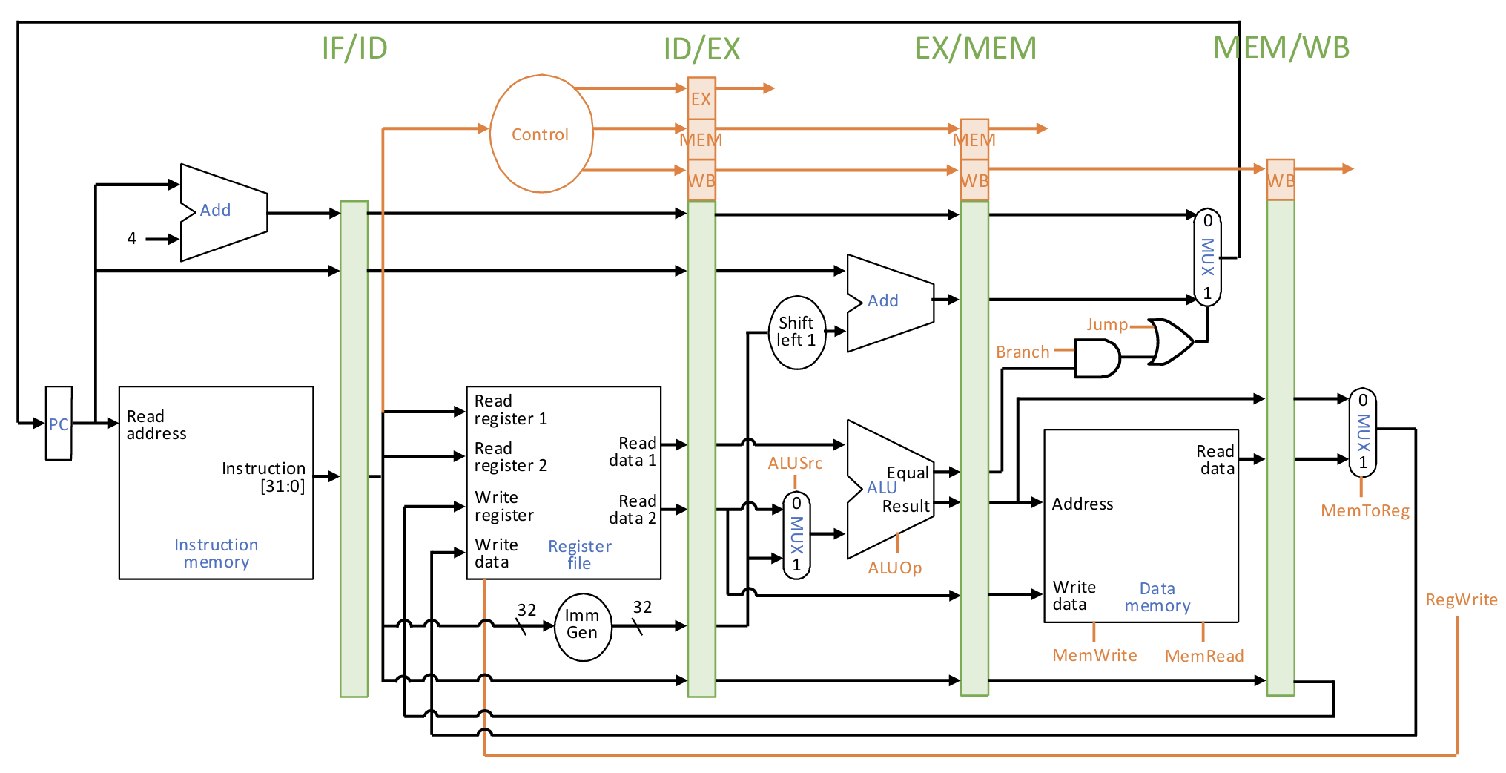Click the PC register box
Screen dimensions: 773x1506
click(x=59, y=423)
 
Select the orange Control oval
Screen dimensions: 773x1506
click(x=541, y=134)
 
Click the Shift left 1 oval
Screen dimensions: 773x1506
click(x=797, y=332)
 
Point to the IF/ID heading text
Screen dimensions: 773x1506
click(x=354, y=48)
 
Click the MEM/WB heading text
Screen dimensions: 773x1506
click(x=1281, y=47)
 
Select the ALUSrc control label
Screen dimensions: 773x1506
click(x=795, y=464)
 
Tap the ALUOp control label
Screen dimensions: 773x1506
click(x=895, y=568)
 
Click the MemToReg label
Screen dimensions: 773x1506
click(x=1365, y=511)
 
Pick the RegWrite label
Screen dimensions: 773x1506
click(x=1461, y=600)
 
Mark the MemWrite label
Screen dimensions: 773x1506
click(x=1094, y=656)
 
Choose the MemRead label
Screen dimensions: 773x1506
click(x=1204, y=657)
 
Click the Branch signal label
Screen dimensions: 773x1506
click(x=1023, y=352)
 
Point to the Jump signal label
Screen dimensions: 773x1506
click(x=1106, y=325)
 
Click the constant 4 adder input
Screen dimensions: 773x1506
click(x=132, y=239)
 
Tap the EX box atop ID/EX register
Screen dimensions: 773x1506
click(x=701, y=99)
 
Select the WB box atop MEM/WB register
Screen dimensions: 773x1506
click(x=1281, y=180)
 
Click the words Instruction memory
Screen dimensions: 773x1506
click(x=216, y=553)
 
